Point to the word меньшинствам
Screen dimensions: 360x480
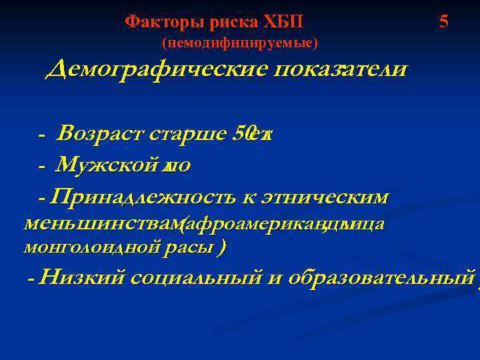[x=98, y=224]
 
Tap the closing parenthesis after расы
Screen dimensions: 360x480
[x=221, y=248]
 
